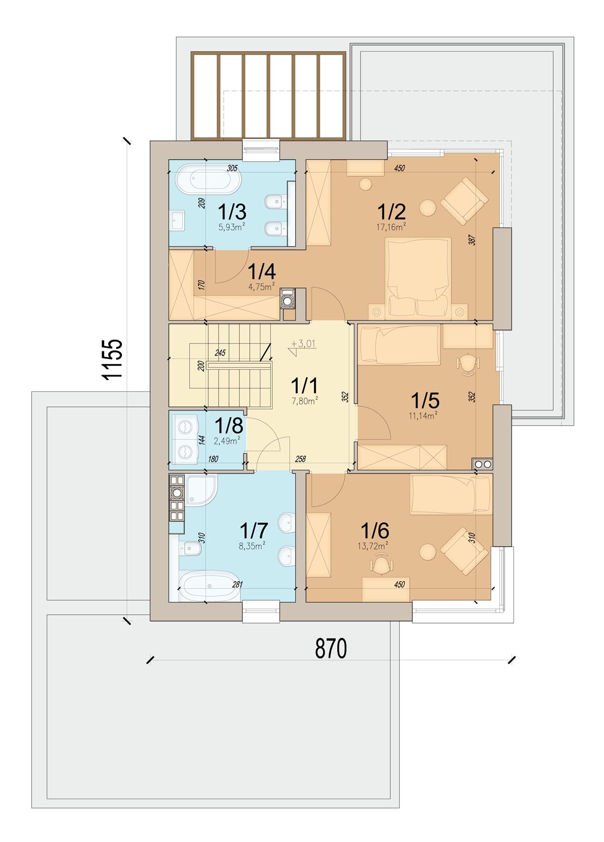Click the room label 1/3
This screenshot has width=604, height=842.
point(232,212)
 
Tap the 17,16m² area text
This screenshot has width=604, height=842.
point(391,227)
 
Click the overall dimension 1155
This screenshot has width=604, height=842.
point(113,360)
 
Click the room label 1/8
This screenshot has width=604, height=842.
point(229,426)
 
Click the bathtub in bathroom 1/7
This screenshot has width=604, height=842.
point(209,586)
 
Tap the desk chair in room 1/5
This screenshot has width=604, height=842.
point(468,364)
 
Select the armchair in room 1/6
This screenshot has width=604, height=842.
point(464,551)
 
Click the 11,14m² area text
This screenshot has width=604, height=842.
point(423,415)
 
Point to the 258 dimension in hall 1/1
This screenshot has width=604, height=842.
point(300,459)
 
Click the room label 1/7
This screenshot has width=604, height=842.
point(254,530)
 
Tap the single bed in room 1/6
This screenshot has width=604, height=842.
point(451,494)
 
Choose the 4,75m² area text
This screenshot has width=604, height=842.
point(261,287)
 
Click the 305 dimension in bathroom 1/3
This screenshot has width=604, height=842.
point(232,168)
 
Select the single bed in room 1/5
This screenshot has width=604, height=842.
point(400,345)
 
